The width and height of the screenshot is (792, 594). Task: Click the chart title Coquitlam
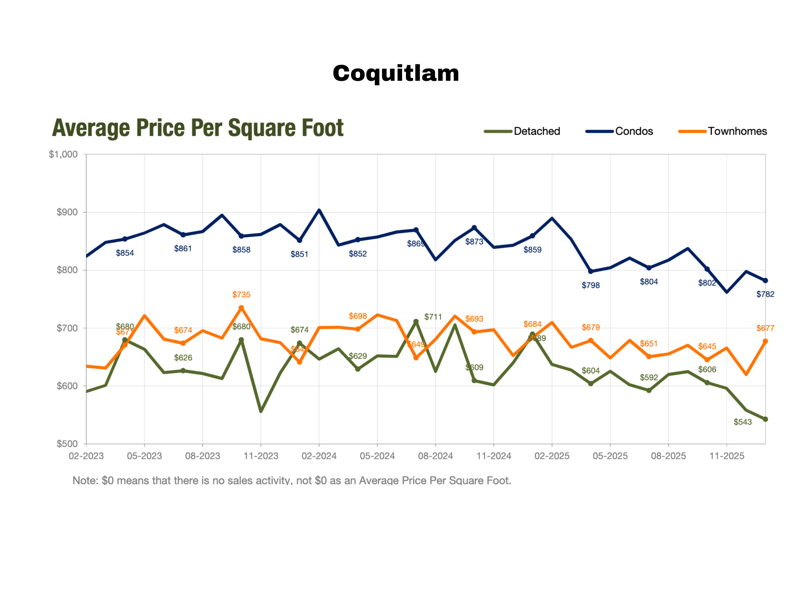point(396,74)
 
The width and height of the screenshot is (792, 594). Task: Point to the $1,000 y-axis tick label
point(63,154)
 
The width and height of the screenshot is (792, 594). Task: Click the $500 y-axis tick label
point(67,444)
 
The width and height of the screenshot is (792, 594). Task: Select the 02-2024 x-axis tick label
point(319,456)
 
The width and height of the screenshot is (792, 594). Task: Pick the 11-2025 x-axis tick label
point(727,456)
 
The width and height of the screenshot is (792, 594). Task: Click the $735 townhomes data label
point(241,295)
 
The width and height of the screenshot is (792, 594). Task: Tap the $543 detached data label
point(742,422)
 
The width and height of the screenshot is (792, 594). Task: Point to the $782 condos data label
point(765,294)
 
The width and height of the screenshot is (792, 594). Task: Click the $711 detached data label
point(433,317)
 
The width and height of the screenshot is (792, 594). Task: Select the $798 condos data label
point(591,285)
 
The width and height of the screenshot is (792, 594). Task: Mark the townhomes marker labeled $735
point(241,308)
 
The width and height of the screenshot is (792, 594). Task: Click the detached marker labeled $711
point(416,321)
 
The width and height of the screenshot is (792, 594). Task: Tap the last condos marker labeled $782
point(766,281)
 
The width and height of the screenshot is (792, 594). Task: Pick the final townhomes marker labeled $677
point(766,342)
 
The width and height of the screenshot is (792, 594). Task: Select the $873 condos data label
point(474,242)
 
